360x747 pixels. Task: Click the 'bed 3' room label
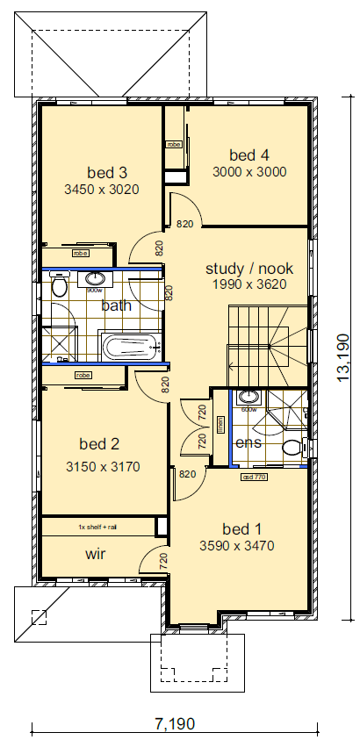(x=107, y=172)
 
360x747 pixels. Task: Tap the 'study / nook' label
(x=249, y=269)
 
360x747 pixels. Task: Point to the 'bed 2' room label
(x=99, y=443)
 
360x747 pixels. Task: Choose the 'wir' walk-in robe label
(x=96, y=555)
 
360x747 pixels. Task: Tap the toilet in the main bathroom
(x=60, y=286)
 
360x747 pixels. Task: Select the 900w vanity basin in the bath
(x=94, y=281)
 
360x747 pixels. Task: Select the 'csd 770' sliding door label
(x=253, y=478)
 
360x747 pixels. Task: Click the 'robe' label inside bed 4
(x=173, y=144)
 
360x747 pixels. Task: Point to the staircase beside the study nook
(x=268, y=342)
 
